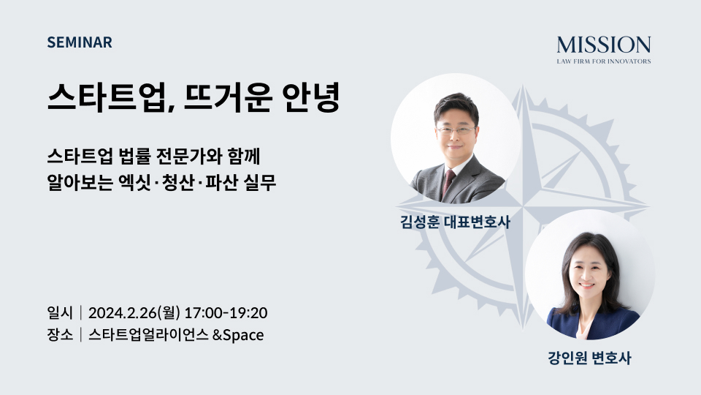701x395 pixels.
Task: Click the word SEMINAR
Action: click(x=80, y=42)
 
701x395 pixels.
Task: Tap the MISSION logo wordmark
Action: click(x=604, y=45)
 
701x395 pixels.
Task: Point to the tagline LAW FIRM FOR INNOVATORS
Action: click(x=604, y=61)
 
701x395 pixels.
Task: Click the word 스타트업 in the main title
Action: click(x=107, y=97)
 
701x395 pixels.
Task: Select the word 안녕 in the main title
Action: click(x=311, y=97)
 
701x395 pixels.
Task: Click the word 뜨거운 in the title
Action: click(x=228, y=97)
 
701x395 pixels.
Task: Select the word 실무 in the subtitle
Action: click(x=260, y=182)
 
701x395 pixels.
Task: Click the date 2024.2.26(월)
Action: click(x=134, y=312)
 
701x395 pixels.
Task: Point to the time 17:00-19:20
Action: click(x=226, y=312)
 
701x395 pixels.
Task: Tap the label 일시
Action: click(x=59, y=312)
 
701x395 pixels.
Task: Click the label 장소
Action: click(x=59, y=334)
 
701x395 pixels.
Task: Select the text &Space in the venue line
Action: click(x=238, y=335)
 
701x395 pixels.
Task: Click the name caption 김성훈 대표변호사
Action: click(x=455, y=222)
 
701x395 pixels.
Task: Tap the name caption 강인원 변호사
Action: click(x=589, y=358)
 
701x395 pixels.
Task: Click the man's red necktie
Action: click(x=448, y=182)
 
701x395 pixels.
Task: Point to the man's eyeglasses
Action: click(x=456, y=131)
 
